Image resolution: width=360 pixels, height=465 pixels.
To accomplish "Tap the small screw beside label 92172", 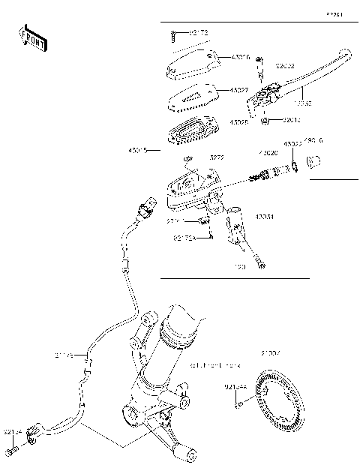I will click(x=174, y=34).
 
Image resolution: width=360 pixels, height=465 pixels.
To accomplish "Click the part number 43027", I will click(x=239, y=90).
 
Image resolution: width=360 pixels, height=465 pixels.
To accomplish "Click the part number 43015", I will click(x=139, y=150).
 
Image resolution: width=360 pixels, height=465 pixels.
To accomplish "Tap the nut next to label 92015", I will click(x=265, y=119).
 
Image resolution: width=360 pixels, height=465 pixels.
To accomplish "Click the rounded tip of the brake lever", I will click(x=344, y=54).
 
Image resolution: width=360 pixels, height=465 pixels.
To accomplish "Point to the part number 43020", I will click(x=268, y=152).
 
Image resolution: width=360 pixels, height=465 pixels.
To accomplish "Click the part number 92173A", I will click(x=184, y=238).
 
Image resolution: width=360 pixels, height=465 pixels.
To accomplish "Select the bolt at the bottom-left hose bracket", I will click(x=12, y=451).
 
